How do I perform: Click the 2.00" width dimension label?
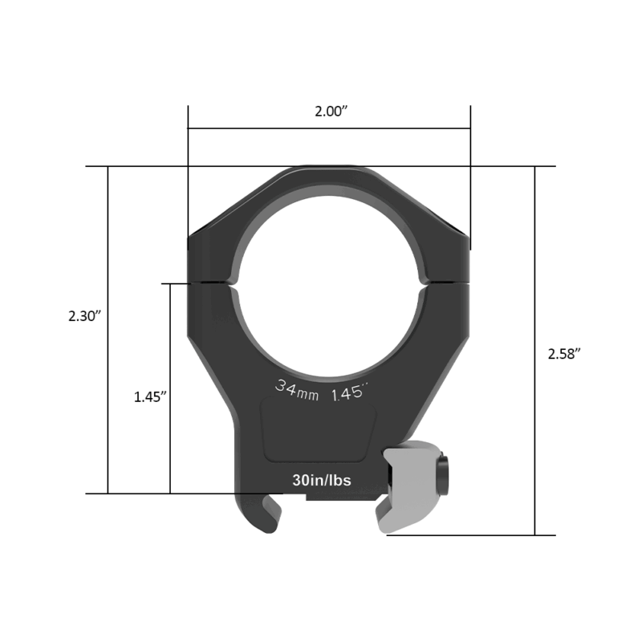[330, 112]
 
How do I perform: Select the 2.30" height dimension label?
[83, 316]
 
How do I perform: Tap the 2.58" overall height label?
[563, 354]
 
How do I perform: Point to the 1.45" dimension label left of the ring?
[150, 397]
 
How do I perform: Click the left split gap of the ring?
[213, 282]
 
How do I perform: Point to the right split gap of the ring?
[445, 282]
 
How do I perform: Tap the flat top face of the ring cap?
[329, 169]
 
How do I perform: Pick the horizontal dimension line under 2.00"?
[329, 128]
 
